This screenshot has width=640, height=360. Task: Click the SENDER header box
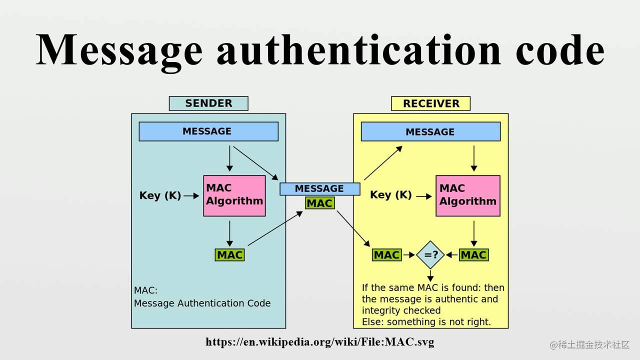(208, 103)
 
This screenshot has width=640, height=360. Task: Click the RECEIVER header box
(430, 103)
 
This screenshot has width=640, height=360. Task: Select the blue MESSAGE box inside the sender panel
(208, 131)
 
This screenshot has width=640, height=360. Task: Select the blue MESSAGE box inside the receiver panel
(431, 131)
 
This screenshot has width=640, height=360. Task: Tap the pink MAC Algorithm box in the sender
(234, 195)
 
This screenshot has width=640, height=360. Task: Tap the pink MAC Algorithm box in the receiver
(468, 195)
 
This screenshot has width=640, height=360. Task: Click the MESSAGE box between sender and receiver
(320, 189)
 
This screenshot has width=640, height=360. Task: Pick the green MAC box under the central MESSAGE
(319, 203)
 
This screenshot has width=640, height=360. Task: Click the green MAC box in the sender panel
(229, 255)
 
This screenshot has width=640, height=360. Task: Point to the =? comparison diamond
(430, 255)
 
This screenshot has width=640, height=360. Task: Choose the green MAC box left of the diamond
(387, 255)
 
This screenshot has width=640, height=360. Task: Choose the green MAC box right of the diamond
(474, 255)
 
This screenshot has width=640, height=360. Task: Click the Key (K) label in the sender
(160, 195)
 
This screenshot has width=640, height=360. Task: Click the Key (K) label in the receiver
(391, 195)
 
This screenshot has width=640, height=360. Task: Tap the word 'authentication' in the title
(359, 49)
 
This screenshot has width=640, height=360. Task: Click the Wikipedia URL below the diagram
(320, 341)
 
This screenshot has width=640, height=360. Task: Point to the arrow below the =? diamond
(430, 275)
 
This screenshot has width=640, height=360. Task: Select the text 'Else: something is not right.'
(426, 322)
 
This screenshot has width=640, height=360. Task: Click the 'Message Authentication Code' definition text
(202, 303)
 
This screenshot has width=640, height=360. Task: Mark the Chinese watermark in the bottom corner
(589, 345)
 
